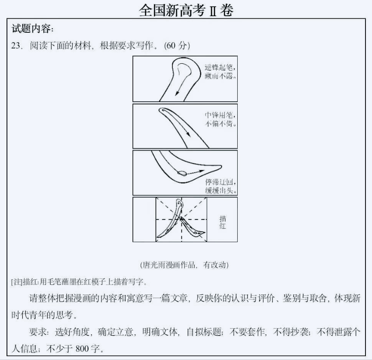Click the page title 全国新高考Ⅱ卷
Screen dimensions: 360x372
[186, 10]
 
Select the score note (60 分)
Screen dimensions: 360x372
[177, 46]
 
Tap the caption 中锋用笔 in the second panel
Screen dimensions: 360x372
[221, 115]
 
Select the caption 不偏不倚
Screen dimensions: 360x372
[221, 123]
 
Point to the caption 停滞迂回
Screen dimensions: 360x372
[221, 182]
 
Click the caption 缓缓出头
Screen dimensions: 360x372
[221, 190]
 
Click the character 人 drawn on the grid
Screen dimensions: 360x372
[181, 220]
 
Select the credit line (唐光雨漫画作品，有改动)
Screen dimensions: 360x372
[185, 265]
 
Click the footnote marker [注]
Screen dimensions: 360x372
[17, 281]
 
